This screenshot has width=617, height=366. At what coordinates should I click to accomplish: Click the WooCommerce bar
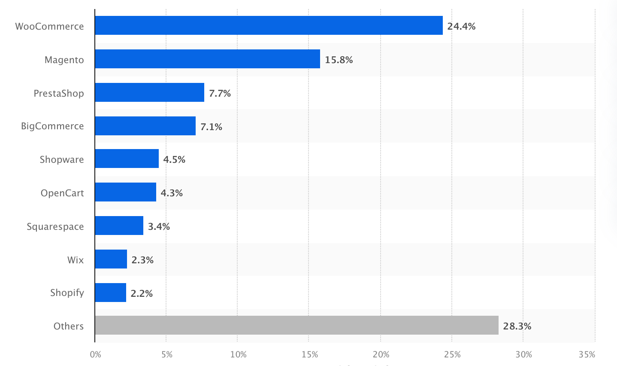pos(269,25)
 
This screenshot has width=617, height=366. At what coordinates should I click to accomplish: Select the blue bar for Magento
pos(207,59)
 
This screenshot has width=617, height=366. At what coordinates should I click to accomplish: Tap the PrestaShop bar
pos(149,92)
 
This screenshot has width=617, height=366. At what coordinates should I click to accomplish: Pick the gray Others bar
pos(296,325)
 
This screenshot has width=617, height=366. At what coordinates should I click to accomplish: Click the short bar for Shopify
pos(110,293)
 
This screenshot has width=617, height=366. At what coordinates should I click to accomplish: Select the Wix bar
pos(111,259)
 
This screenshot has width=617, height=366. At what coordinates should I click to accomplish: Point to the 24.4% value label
pos(461,26)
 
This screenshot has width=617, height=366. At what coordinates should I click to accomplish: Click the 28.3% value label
pos(517,326)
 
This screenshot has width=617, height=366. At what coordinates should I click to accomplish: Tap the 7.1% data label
pos(211,127)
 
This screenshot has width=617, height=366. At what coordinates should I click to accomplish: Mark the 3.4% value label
pos(159,226)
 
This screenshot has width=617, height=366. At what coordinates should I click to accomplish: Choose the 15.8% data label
pos(339,60)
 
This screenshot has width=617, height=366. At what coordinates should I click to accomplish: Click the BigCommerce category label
pos(52,126)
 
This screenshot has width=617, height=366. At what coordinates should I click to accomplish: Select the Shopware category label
pos(62,159)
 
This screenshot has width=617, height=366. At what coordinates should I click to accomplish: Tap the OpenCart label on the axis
pos(62,193)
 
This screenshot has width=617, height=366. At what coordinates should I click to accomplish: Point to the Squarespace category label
pos(55,226)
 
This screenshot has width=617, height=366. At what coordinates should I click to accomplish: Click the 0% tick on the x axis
pos(95,354)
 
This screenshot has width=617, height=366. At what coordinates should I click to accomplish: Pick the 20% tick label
pos(381,354)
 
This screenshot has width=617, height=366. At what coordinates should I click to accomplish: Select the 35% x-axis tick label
pos(587,354)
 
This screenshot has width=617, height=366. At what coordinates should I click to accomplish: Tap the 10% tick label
pos(238,354)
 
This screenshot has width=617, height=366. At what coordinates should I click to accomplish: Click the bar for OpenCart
pos(125,192)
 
